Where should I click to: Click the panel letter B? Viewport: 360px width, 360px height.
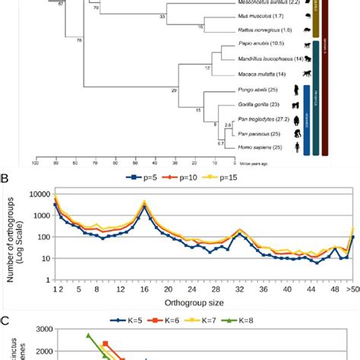6,179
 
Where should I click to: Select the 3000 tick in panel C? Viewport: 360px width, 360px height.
39,308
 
